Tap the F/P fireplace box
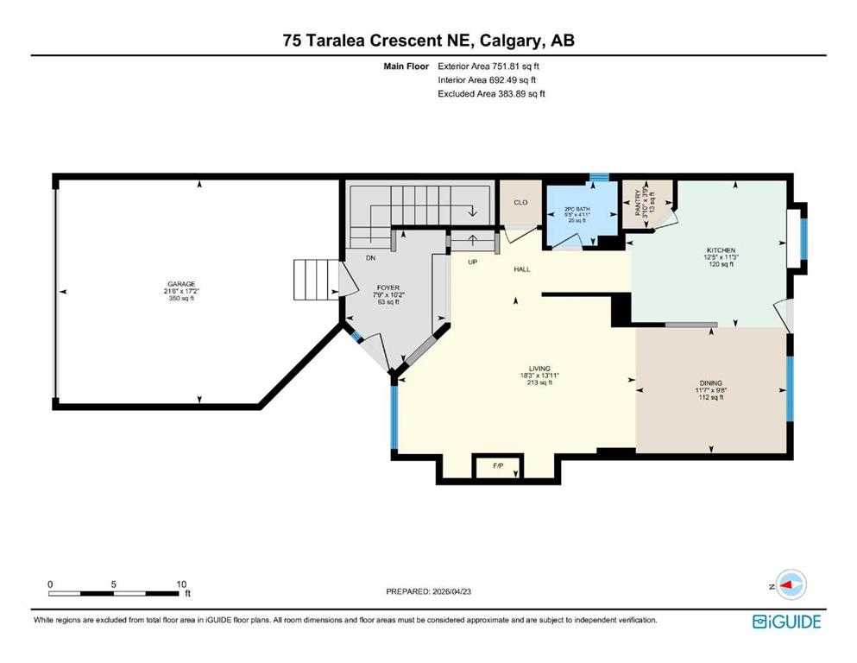coord(498,466)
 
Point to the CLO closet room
coord(520,202)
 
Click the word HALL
coord(522,269)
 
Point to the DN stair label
coord(370,257)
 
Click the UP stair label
coord(472,262)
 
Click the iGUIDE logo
coord(786,622)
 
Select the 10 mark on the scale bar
coord(181,584)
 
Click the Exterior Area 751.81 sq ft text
coord(493,66)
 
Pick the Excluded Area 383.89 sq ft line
coord(492,93)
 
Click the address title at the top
coord(428,40)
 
